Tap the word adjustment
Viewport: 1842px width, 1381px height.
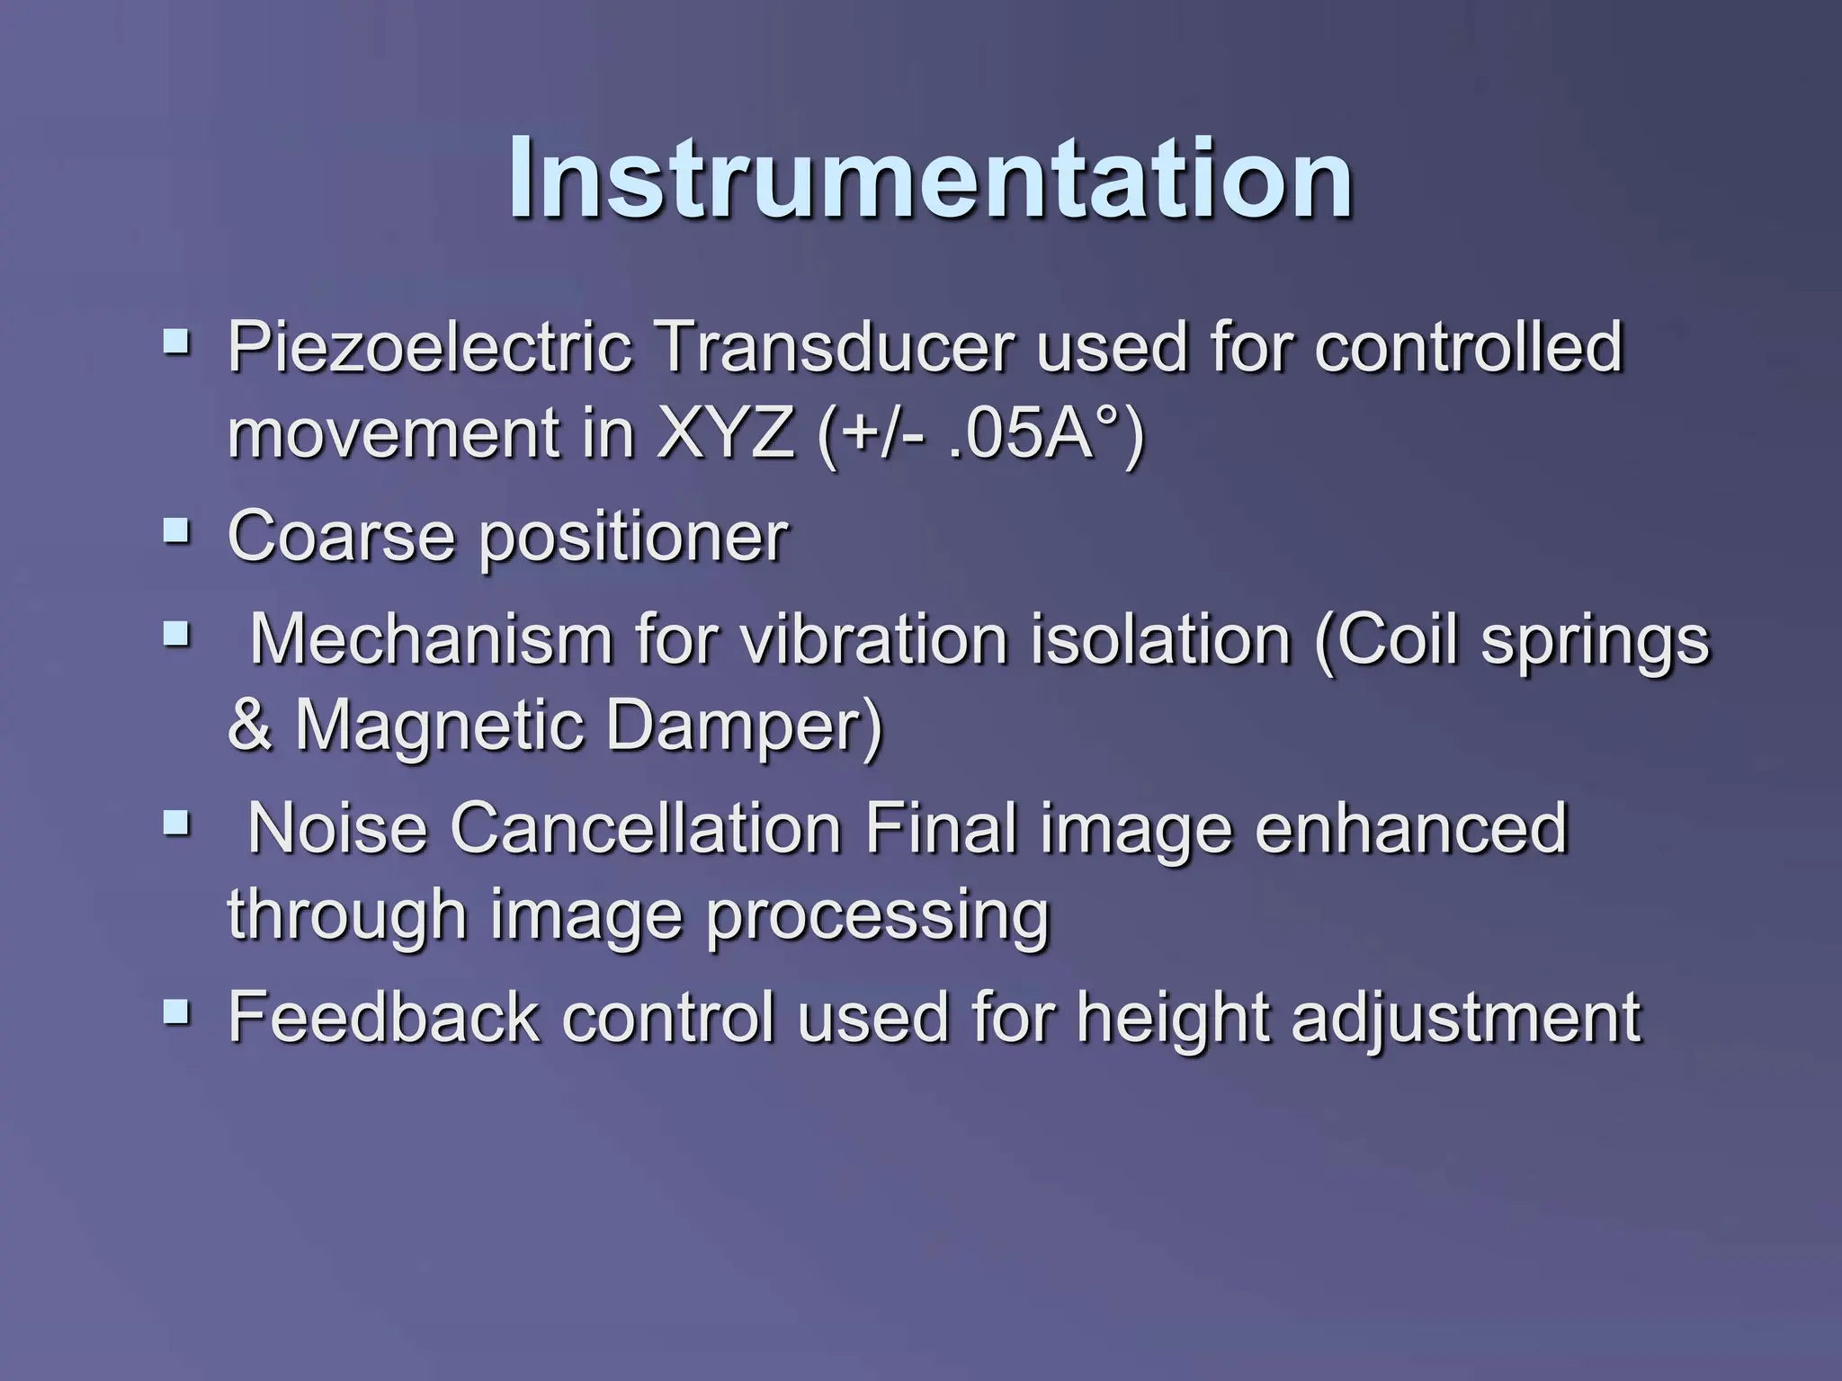click(x=1466, y=1018)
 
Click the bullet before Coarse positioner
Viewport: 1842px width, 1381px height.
click(x=177, y=532)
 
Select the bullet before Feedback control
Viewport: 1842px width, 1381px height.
click(x=177, y=1013)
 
